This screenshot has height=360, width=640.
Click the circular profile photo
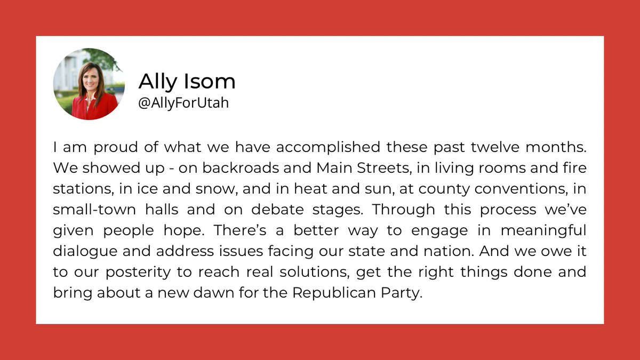pyautogui.click(x=89, y=84)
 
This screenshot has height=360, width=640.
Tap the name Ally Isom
pyautogui.click(x=187, y=82)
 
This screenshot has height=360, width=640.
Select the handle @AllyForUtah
pyautogui.click(x=184, y=103)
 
